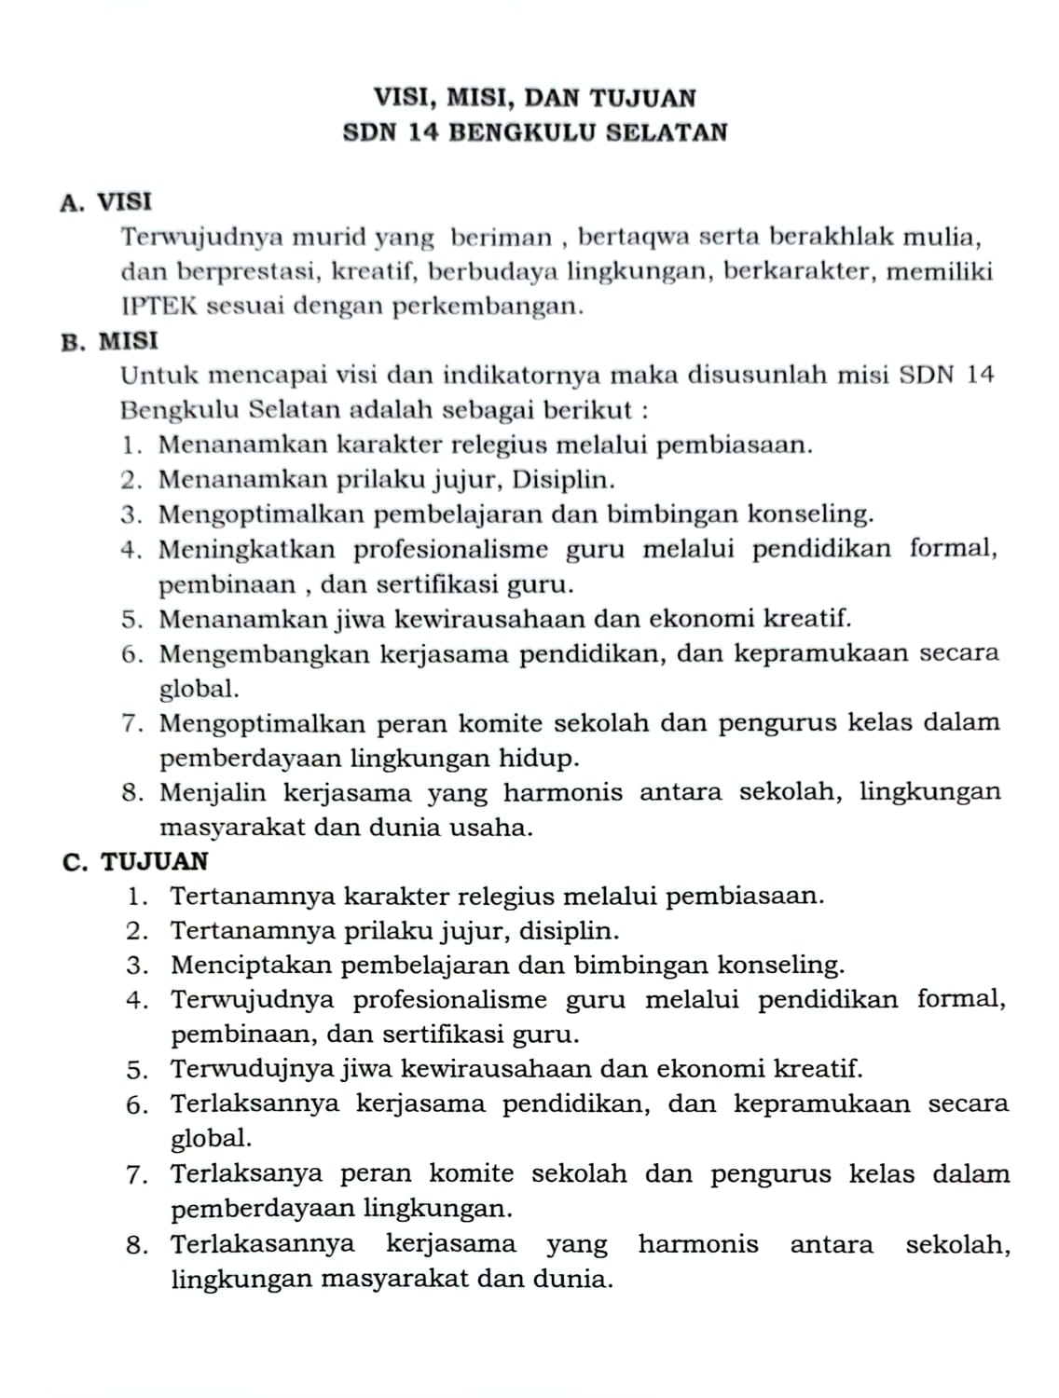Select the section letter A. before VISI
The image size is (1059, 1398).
click(73, 202)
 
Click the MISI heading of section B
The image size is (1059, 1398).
click(129, 341)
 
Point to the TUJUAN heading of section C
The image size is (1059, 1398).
click(155, 862)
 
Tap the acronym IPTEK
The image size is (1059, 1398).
click(159, 307)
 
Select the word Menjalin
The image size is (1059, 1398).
click(212, 793)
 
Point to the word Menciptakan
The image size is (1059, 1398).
click(249, 965)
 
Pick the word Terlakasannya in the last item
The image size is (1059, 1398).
click(263, 1244)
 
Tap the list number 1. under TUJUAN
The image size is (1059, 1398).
click(140, 897)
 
